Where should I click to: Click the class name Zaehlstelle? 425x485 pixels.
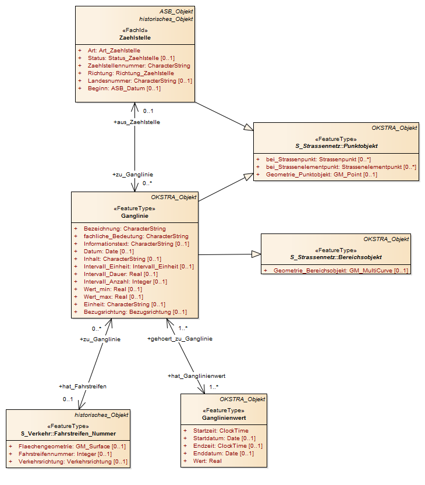click(135, 38)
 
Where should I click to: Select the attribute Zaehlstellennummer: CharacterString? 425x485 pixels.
click(139, 66)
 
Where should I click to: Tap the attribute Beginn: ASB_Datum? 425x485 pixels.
click(124, 88)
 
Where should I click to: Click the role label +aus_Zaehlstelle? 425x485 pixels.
click(137, 122)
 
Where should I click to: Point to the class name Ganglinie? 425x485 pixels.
click(134, 216)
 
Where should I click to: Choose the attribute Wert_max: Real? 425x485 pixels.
click(114, 297)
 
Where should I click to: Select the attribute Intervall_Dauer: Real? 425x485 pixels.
click(121, 274)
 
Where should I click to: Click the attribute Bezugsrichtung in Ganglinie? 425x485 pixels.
click(135, 312)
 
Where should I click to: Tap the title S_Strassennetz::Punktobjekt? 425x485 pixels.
click(337, 146)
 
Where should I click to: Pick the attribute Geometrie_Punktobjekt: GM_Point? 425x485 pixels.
click(322, 175)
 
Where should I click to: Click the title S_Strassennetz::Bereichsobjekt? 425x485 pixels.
click(336, 257)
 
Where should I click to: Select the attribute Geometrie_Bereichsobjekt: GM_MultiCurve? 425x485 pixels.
click(341, 271)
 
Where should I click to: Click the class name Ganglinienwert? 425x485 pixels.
click(224, 418)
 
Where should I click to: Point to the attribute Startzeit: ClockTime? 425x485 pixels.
click(221, 431)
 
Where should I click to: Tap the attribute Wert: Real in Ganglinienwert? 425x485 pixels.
click(207, 461)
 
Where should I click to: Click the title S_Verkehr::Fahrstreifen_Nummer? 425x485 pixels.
click(68, 434)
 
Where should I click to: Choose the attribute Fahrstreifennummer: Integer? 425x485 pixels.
click(65, 454)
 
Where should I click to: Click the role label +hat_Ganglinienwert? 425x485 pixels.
click(196, 376)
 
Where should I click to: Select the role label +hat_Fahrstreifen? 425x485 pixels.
click(83, 387)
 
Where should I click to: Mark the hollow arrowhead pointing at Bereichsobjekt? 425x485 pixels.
click(256, 254)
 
